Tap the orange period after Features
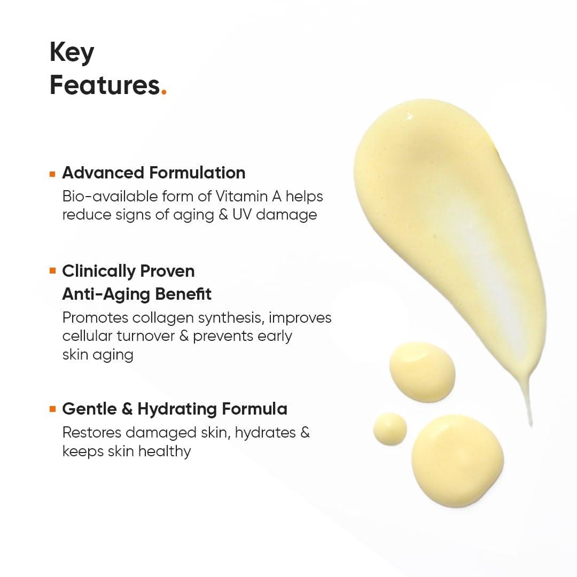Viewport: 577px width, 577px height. click(x=163, y=92)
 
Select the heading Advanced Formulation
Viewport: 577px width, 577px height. click(x=154, y=173)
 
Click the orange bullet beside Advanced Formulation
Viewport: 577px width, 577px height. click(x=52, y=174)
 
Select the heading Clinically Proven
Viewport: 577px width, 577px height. click(x=128, y=271)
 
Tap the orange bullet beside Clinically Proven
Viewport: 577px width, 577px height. click(x=52, y=271)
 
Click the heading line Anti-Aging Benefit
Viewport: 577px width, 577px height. click(x=137, y=294)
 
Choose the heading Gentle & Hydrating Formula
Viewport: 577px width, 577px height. click(x=175, y=409)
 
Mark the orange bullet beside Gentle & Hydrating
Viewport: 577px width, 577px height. click(x=52, y=409)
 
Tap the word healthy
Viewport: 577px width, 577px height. click(x=165, y=451)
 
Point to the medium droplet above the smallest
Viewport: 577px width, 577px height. click(x=422, y=372)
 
